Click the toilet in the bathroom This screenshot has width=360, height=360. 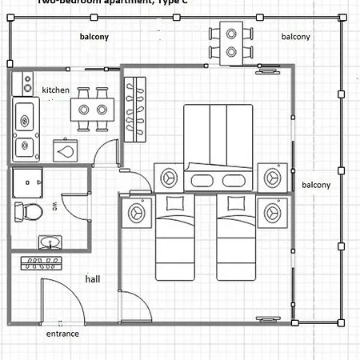click(30, 212)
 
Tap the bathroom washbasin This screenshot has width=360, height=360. click(49, 242)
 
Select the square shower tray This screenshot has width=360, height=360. click(30, 182)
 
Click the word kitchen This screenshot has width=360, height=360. click(56, 90)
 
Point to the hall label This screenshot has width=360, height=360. click(94, 279)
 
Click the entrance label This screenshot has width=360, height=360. click(62, 334)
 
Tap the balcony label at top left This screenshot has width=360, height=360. click(94, 37)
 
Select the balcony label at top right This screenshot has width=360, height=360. click(296, 37)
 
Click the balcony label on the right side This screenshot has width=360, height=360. click(316, 185)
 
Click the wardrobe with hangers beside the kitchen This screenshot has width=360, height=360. click(135, 104)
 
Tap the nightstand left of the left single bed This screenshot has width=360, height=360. click(136, 211)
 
